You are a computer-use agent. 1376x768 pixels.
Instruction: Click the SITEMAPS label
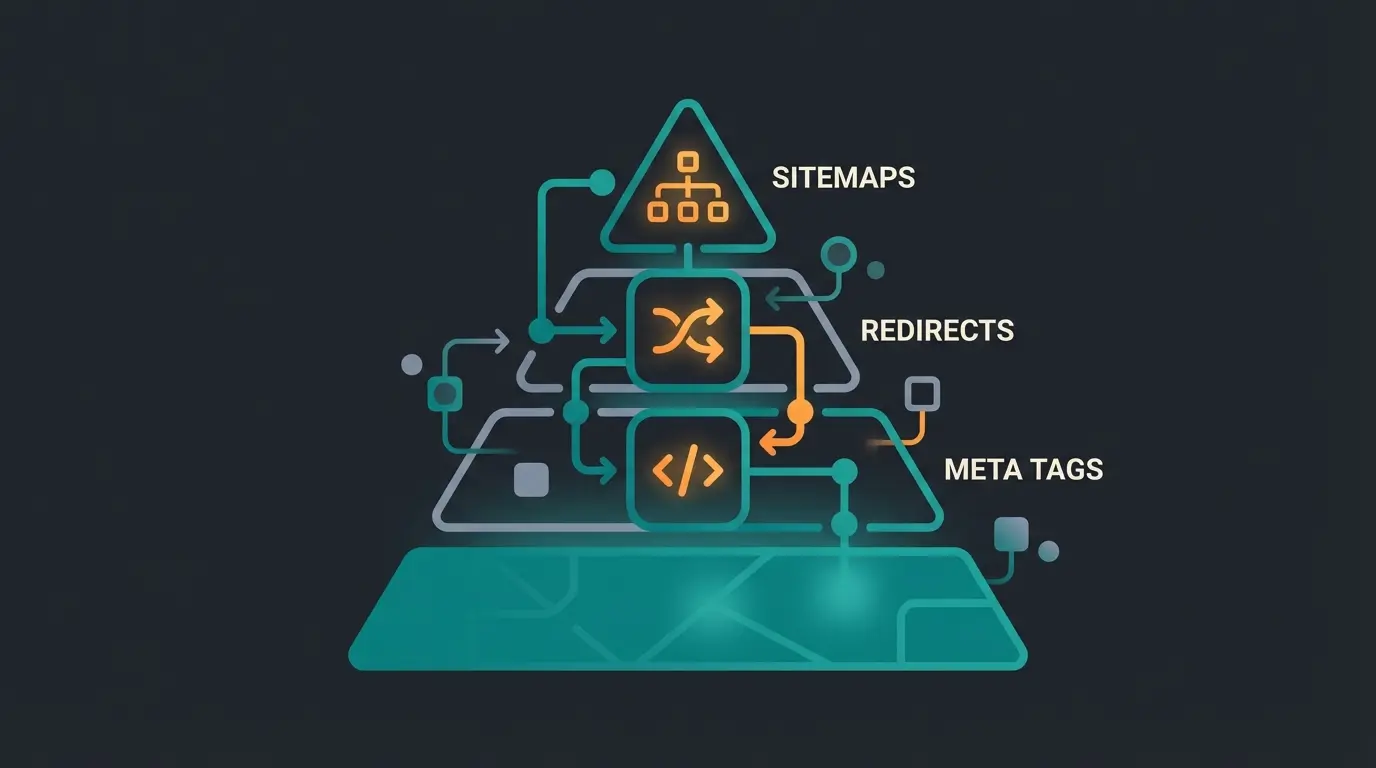click(x=843, y=178)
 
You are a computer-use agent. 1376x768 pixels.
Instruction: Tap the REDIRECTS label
click(x=937, y=330)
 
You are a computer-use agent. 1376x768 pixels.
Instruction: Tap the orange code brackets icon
click(x=686, y=471)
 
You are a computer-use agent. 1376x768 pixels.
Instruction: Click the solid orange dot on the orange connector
click(x=800, y=411)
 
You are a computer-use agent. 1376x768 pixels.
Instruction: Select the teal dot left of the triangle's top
click(x=602, y=182)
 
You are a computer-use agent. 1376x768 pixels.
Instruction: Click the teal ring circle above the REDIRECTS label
click(x=838, y=253)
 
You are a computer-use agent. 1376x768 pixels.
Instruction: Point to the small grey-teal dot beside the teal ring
click(x=876, y=270)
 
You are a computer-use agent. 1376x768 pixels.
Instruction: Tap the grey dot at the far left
click(x=411, y=364)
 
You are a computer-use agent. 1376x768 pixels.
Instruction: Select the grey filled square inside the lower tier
click(x=531, y=480)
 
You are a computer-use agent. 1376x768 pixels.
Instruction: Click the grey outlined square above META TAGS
click(x=921, y=394)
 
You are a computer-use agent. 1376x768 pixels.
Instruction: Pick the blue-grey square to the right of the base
click(x=1012, y=533)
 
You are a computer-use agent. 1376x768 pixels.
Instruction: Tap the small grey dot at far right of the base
click(x=1048, y=551)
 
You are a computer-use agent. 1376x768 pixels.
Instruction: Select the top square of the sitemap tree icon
click(x=686, y=161)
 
